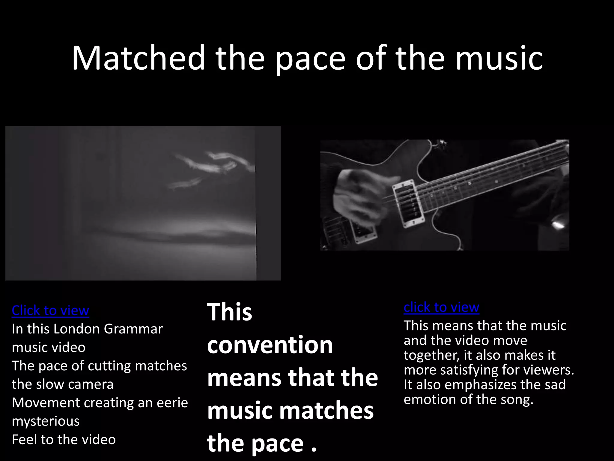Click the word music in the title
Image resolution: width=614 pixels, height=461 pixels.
pos(499,58)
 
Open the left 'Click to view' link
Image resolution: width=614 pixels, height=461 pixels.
pos(50,310)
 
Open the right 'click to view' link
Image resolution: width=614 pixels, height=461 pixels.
pos(441,307)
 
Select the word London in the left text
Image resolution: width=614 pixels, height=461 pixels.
pos(76,329)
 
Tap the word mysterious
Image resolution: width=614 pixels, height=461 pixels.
pos(46,421)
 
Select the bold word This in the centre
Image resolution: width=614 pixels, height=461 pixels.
pos(230,312)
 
